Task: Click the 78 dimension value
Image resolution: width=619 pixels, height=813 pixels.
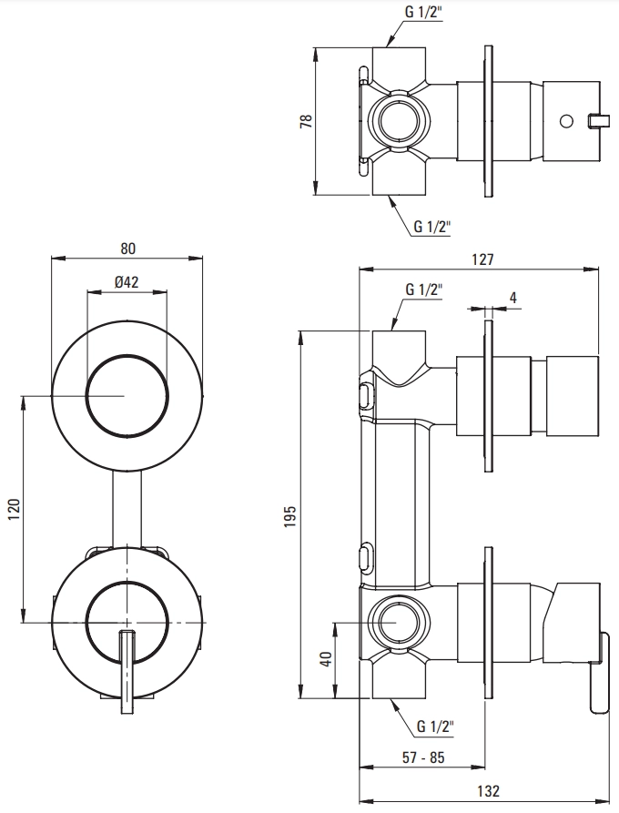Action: [x=307, y=121]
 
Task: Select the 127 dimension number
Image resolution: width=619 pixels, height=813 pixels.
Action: [x=482, y=259]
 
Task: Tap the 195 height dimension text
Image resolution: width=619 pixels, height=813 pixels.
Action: [x=289, y=516]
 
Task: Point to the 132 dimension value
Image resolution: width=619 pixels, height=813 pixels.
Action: [x=488, y=790]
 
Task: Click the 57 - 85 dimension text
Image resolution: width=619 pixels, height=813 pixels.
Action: [x=423, y=757]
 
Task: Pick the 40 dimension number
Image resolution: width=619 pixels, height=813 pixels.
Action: [x=327, y=659]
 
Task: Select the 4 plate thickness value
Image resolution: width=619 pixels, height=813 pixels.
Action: [x=513, y=298]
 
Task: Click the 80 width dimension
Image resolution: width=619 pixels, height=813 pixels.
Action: [x=128, y=249]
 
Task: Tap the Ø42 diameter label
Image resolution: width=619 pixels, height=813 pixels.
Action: [x=127, y=281]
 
